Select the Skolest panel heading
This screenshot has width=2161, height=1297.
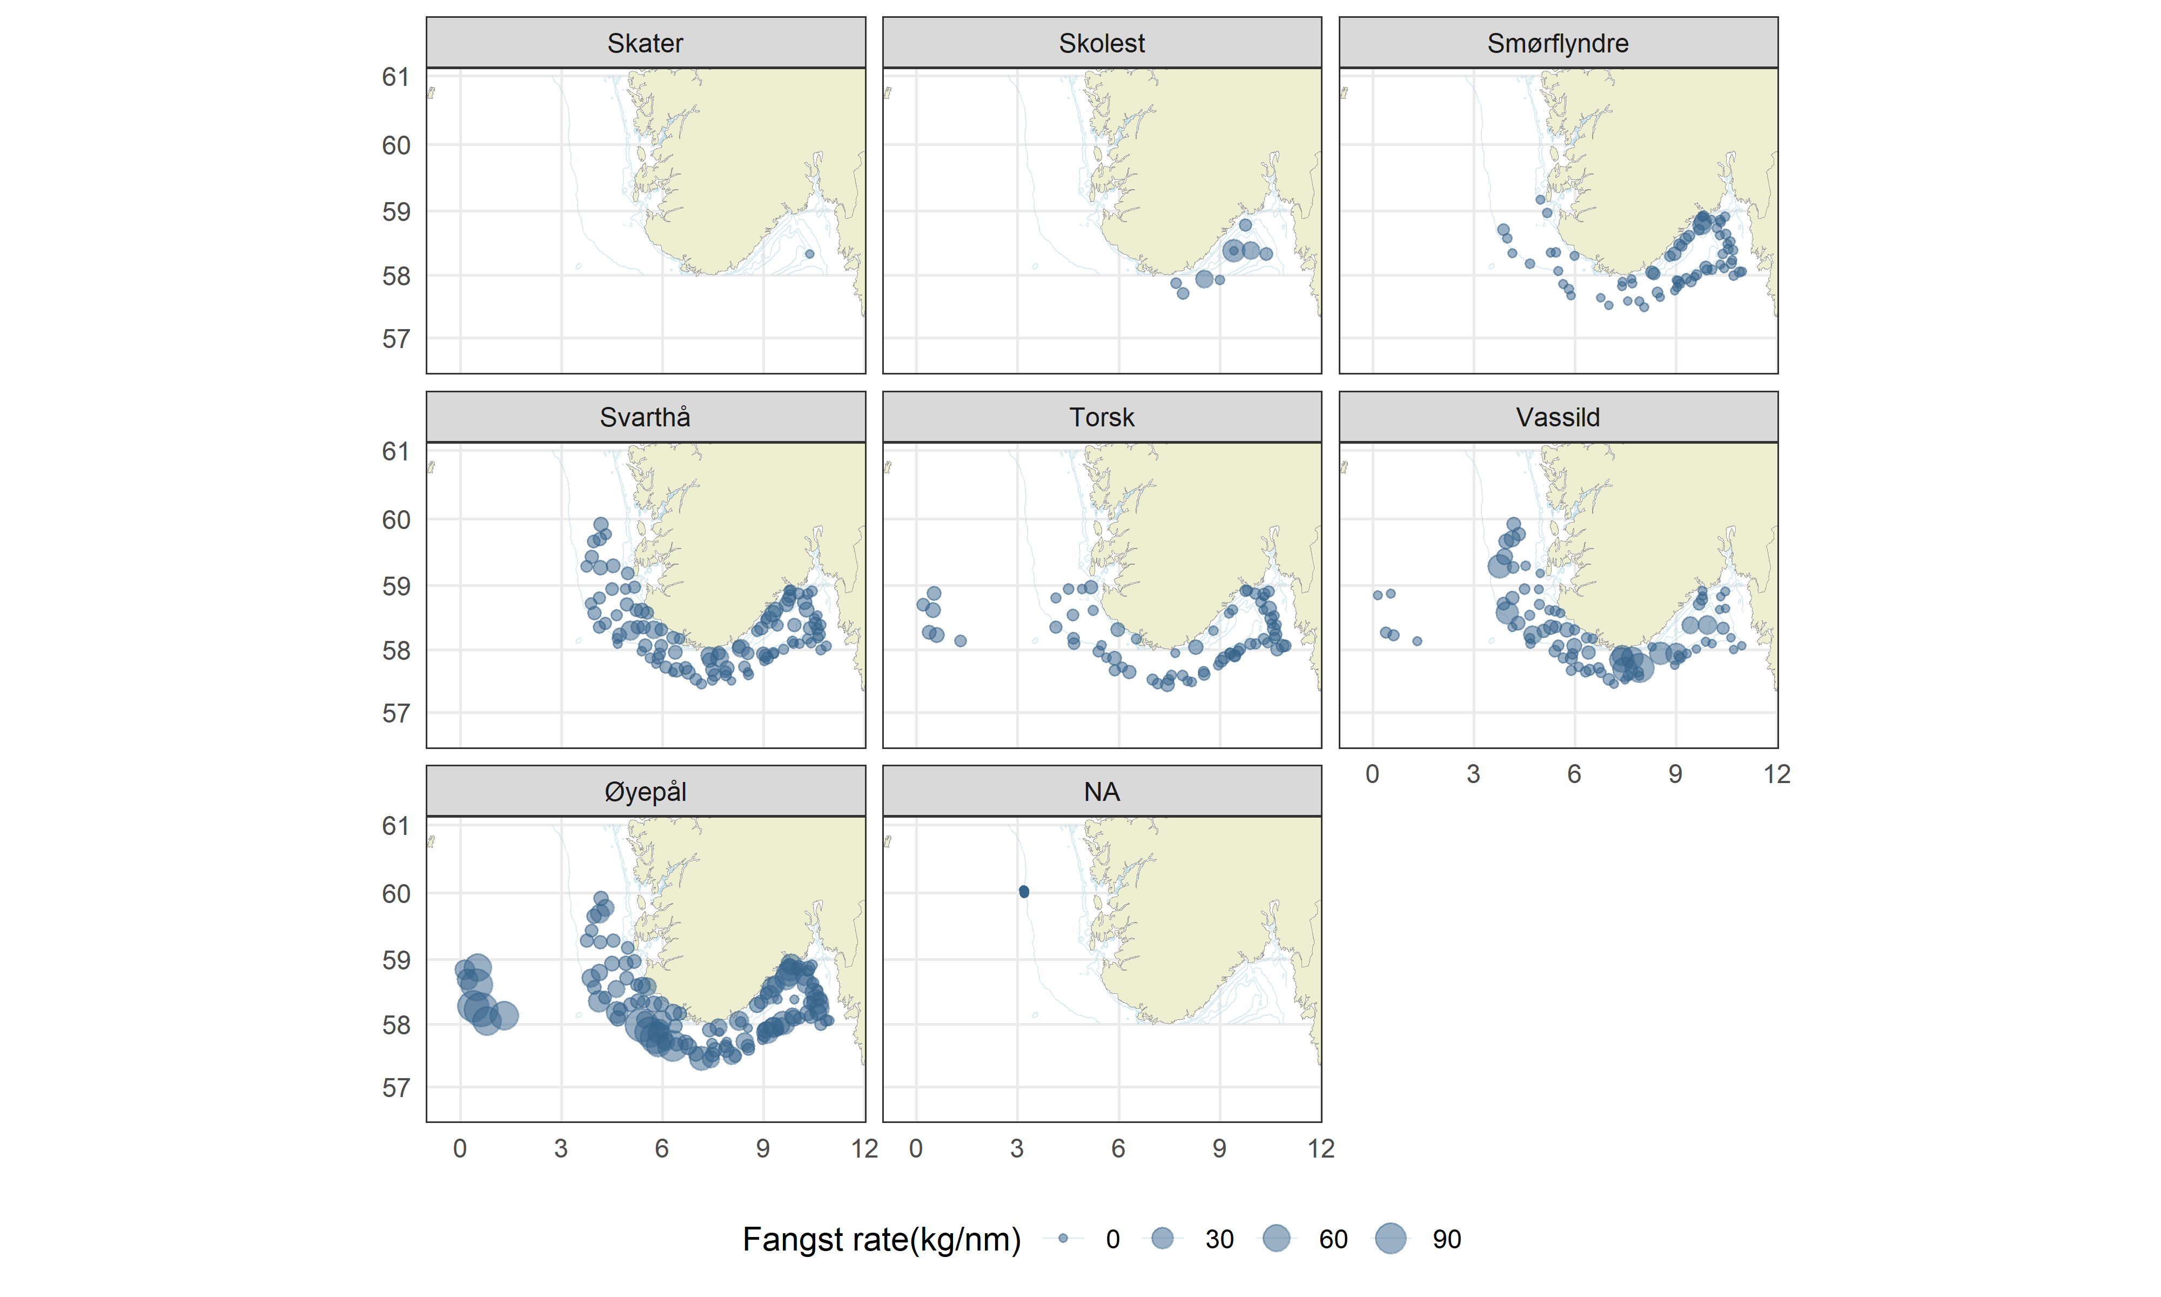click(x=1102, y=43)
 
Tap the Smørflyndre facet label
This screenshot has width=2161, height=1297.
click(x=1558, y=43)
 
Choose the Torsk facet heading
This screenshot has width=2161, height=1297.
click(x=1102, y=417)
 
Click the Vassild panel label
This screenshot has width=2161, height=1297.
click(x=1558, y=417)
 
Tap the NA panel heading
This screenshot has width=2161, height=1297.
click(x=1102, y=792)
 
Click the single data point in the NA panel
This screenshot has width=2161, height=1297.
click(x=1024, y=892)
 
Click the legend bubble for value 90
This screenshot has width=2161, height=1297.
click(x=1391, y=1239)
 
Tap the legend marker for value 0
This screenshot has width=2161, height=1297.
click(x=1063, y=1239)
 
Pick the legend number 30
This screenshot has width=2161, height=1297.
click(x=1219, y=1239)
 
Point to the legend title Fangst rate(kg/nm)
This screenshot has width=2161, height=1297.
click(x=881, y=1239)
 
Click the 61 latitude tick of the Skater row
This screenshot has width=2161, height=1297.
click(x=395, y=77)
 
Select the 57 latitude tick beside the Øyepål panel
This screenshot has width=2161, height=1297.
click(x=395, y=1088)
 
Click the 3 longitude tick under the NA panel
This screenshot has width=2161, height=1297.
click(x=1017, y=1148)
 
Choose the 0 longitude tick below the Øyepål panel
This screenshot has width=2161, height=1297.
click(x=459, y=1148)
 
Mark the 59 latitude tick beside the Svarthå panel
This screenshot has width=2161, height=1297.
click(x=395, y=586)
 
